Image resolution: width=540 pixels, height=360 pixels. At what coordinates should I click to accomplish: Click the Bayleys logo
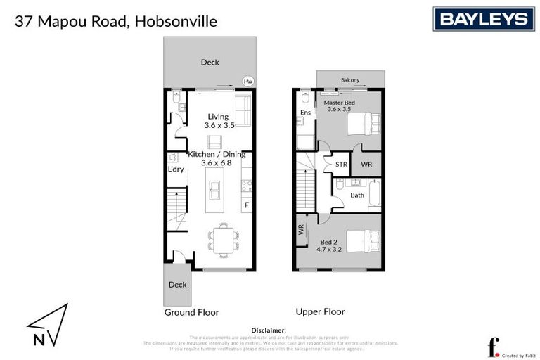483,19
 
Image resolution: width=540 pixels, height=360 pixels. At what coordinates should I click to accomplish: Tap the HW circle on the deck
247,82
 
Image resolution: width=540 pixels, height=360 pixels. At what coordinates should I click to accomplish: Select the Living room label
218,117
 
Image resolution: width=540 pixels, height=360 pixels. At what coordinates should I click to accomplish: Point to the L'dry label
175,169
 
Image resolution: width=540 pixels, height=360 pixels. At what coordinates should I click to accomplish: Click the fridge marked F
247,205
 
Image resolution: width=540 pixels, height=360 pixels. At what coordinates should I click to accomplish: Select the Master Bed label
339,103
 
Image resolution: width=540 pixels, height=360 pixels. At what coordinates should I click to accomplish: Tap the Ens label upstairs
305,112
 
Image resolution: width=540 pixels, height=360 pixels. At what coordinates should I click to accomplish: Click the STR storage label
341,165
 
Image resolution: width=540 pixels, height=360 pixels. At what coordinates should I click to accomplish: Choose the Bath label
357,195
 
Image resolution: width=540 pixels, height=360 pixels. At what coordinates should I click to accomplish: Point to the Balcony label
350,80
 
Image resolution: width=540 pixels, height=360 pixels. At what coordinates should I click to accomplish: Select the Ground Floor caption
191,311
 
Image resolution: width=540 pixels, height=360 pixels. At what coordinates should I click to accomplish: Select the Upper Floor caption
321,311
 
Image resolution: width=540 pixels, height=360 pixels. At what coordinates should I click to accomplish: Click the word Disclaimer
269,330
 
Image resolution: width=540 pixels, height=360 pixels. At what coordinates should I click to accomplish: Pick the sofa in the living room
242,109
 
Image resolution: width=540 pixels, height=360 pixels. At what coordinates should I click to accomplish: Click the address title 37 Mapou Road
116,21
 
